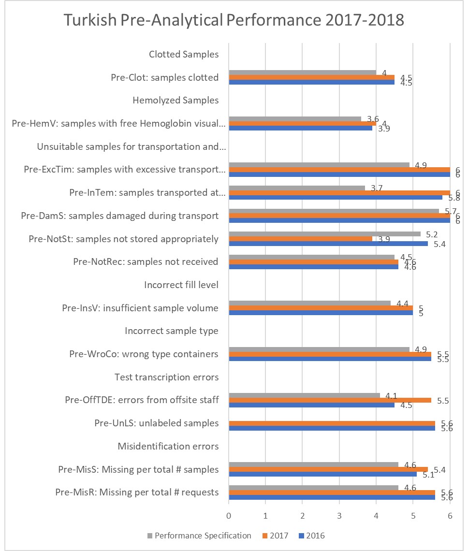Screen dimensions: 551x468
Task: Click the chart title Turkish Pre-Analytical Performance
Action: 234,21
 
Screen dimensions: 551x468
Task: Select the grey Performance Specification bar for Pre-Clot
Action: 302,72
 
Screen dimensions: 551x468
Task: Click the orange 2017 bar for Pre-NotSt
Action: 300,239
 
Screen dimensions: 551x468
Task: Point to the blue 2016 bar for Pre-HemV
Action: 300,128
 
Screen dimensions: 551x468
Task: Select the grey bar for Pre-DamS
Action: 334,211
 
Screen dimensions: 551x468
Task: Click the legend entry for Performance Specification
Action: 199,536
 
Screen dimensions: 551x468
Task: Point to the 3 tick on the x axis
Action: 339,515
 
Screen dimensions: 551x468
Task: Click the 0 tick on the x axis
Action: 229,515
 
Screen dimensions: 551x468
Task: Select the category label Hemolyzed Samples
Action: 175,101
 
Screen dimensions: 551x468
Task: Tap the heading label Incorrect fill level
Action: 181,285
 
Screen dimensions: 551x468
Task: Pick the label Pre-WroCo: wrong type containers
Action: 144,354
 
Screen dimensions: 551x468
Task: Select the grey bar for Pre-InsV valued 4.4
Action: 309,303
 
